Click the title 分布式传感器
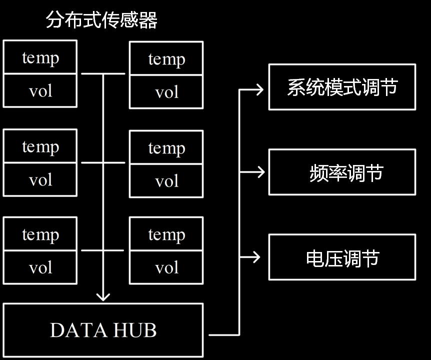tap(101, 20)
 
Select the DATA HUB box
tap(103, 330)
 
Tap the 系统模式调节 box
tap(342, 87)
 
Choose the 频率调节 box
tap(342, 172)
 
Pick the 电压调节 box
tap(342, 257)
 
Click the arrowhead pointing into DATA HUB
tap(103, 296)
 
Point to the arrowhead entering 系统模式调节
tap(259, 89)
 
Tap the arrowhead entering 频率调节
tap(259, 172)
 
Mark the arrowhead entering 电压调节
tap(257, 257)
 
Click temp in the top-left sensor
tap(40, 57)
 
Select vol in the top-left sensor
tap(40, 91)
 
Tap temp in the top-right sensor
tap(166, 59)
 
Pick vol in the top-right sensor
tap(166, 92)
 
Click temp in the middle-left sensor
tap(40, 146)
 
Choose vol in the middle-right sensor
tap(166, 181)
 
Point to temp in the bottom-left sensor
tap(40, 234)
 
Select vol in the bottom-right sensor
tap(166, 268)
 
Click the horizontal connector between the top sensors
tap(103, 73)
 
